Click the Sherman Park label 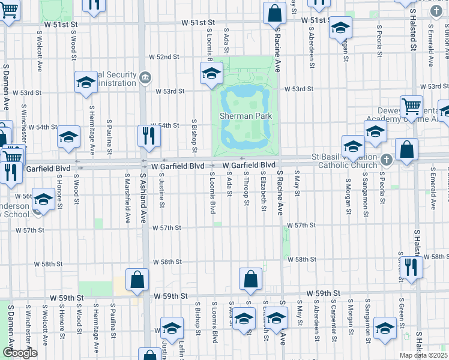point(245,116)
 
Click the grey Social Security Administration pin point(145,77)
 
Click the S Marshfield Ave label point(127,199)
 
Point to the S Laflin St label point(182,350)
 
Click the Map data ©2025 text point(423,355)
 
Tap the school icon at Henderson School point(43,200)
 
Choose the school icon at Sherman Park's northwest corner point(211,73)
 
